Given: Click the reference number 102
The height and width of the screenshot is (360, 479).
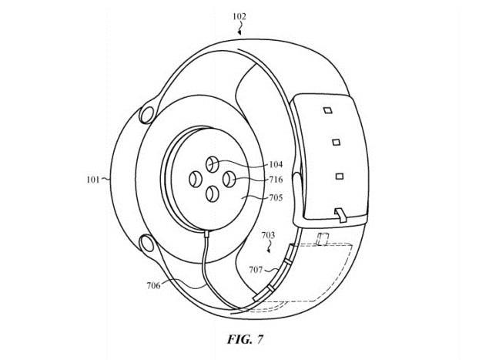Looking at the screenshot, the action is (x=239, y=16).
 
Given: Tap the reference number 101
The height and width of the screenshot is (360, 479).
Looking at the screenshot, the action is (x=93, y=180).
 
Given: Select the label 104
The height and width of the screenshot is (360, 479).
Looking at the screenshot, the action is (x=276, y=164).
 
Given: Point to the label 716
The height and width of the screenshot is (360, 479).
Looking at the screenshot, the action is (x=276, y=180).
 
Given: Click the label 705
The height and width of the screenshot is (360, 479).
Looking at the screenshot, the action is (x=276, y=198).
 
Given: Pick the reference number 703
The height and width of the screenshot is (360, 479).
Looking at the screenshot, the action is (x=268, y=236).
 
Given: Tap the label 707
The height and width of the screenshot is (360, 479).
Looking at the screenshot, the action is (x=256, y=270).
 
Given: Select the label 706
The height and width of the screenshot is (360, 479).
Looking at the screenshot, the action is (x=154, y=286).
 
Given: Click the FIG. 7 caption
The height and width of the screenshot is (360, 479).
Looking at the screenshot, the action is (x=245, y=339).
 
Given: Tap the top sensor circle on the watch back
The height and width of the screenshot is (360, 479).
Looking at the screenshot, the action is (x=212, y=164).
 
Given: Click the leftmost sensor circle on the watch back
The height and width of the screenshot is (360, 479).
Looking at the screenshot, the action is (x=195, y=180).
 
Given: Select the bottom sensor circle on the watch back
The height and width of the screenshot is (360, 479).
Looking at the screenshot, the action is (x=212, y=194).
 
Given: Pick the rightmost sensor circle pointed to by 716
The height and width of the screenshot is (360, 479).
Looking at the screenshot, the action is (x=229, y=180).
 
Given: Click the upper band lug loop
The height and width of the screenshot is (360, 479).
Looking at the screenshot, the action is (x=146, y=116).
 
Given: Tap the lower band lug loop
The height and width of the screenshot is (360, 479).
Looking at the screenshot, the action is (x=146, y=243).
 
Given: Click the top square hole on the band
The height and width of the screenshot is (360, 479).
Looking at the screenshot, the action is (x=328, y=110).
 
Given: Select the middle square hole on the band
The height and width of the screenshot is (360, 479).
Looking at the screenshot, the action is (x=337, y=142).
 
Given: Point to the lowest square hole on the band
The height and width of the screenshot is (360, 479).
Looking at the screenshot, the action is (x=340, y=177).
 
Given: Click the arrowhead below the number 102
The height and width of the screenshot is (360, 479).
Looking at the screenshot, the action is (x=239, y=33).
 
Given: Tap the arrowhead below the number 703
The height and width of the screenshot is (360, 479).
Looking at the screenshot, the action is (x=269, y=251).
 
